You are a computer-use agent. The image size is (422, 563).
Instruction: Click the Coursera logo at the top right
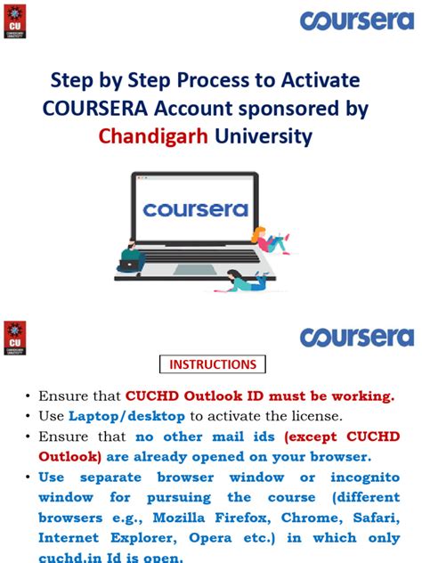pos(357,20)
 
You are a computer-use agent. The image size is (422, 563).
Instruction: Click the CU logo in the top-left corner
pos(15,21)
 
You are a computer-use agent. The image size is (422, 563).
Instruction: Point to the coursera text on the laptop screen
pos(194,210)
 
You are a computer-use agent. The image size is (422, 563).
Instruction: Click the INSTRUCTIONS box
pos(213,364)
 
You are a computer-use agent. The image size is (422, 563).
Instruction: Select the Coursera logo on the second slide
pos(357,336)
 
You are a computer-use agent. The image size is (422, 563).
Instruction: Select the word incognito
pos(356,477)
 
